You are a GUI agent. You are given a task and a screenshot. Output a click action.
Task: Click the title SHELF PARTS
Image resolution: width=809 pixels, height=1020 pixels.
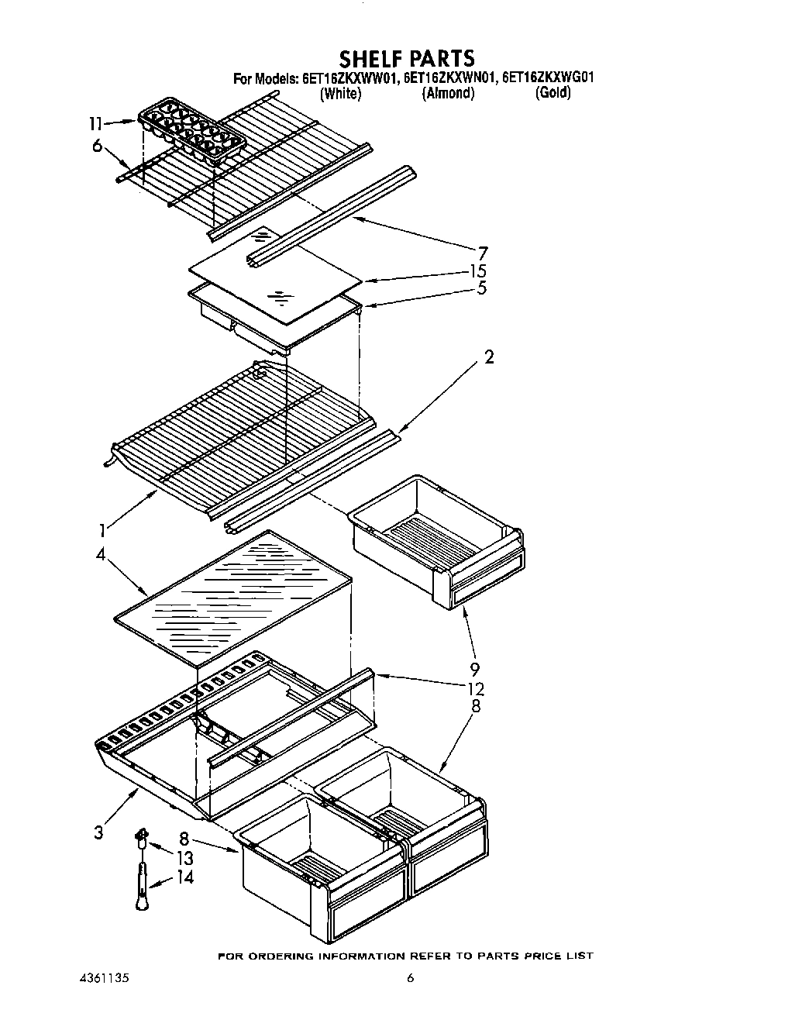coord(407,58)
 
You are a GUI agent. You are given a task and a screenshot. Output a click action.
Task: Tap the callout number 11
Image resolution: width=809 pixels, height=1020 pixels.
coord(95,123)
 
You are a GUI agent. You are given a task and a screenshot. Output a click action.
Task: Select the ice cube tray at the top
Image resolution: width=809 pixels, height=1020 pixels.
coord(191,131)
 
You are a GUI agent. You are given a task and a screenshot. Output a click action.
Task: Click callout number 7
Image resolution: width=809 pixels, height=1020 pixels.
coord(483,252)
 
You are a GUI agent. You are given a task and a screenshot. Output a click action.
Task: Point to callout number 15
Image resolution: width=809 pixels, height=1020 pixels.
coord(479,271)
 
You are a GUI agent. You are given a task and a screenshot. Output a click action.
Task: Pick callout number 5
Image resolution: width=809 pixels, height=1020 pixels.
coord(482,288)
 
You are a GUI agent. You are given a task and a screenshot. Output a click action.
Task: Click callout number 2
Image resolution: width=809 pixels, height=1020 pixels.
coord(489,357)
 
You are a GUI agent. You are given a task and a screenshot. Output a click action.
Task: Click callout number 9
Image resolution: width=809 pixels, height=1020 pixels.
coord(474,669)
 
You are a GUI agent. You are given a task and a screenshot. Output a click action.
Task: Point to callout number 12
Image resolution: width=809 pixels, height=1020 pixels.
coord(476,688)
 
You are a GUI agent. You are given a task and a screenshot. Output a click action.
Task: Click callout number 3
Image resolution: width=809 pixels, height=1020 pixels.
coord(98,832)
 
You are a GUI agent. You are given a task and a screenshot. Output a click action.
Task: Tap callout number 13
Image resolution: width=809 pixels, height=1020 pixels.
coord(184,858)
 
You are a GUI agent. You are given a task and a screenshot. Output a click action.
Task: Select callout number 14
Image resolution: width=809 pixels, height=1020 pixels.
coord(184,877)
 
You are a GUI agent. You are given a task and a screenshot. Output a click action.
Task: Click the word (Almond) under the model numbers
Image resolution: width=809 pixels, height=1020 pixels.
coord(448,93)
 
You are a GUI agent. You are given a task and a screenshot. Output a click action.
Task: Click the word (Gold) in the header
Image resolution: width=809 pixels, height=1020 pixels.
coord(553,93)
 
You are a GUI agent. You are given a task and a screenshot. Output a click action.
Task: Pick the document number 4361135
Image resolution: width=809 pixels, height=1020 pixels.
coord(104,978)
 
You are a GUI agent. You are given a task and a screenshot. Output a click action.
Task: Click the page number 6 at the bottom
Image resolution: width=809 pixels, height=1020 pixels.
coord(411,978)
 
